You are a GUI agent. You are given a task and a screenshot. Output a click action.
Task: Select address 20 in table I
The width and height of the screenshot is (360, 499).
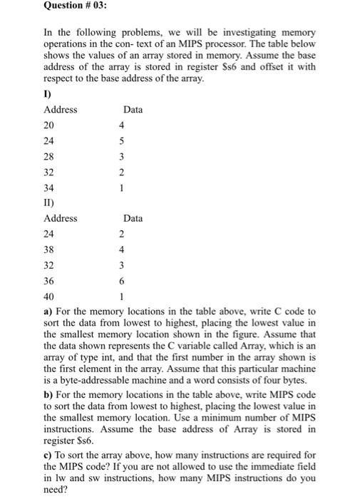(49, 125)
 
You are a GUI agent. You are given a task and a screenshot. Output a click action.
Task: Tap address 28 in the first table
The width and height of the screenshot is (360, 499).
(49, 157)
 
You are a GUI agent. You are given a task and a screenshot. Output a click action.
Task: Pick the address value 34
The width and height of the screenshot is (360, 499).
(49, 188)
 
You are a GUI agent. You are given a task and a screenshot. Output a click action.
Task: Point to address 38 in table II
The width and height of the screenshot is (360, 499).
(49, 250)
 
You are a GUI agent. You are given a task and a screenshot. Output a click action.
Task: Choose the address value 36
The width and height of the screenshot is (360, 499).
(49, 282)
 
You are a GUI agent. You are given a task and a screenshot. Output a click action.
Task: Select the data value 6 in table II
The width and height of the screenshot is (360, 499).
(122, 282)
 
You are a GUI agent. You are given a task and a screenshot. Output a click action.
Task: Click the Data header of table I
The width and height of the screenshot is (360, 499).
(133, 110)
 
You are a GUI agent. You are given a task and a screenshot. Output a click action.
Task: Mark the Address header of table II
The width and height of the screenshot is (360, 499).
(61, 219)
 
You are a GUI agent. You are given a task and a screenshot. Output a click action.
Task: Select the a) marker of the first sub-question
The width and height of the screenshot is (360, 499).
(48, 312)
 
